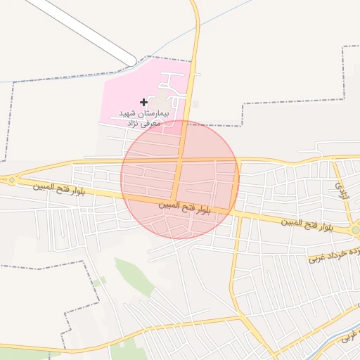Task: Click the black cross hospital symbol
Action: pos(144,102)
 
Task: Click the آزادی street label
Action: pos(342,188)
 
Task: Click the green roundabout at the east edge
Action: pos(356,230)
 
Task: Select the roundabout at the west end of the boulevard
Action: pos(12,181)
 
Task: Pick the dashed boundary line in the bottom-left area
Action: pos(42,266)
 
